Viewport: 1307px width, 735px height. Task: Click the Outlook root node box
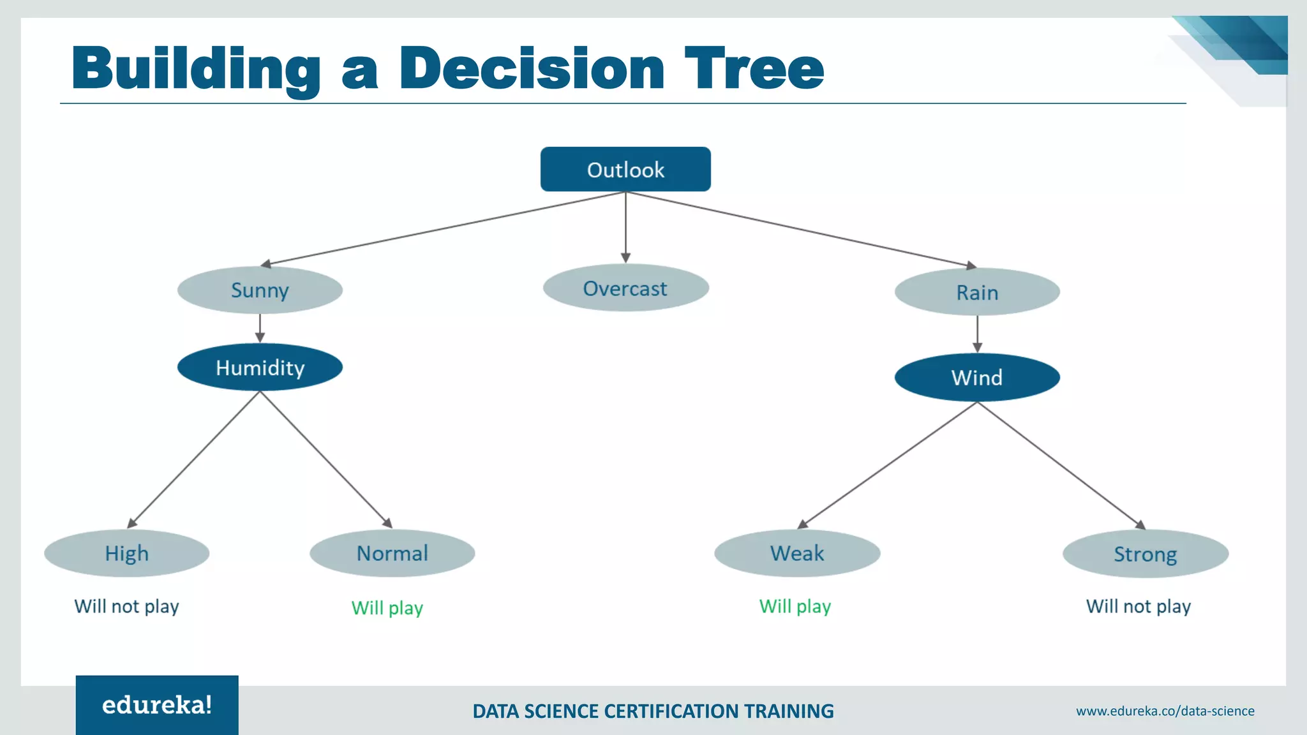pyautogui.click(x=625, y=169)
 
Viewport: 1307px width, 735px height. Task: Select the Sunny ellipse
pyautogui.click(x=260, y=290)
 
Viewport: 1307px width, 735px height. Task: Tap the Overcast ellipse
pyautogui.click(x=625, y=288)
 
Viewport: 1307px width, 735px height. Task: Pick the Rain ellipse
pyautogui.click(x=977, y=292)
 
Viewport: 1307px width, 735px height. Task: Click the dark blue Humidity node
pyautogui.click(x=260, y=367)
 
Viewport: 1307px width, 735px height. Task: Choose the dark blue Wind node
pyautogui.click(x=977, y=377)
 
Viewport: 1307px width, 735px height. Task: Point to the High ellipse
pyautogui.click(x=126, y=553)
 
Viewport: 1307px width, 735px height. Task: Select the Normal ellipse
pyautogui.click(x=392, y=553)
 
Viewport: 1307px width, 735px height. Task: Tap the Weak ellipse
pyautogui.click(x=797, y=553)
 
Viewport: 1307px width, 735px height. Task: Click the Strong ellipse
pyautogui.click(x=1146, y=554)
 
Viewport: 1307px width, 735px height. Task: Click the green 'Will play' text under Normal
pyautogui.click(x=387, y=607)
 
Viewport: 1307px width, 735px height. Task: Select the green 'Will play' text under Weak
pyautogui.click(x=795, y=606)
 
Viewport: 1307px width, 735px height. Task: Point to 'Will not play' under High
pyautogui.click(x=126, y=606)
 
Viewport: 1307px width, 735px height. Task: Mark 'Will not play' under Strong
pyautogui.click(x=1139, y=606)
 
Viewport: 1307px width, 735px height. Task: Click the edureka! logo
pyautogui.click(x=157, y=705)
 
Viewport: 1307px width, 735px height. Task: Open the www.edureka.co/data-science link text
pyautogui.click(x=1165, y=711)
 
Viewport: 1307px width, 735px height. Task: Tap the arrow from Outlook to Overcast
pyautogui.click(x=625, y=226)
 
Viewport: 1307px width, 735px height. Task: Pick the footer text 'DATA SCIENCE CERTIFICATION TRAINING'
pyautogui.click(x=653, y=711)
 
